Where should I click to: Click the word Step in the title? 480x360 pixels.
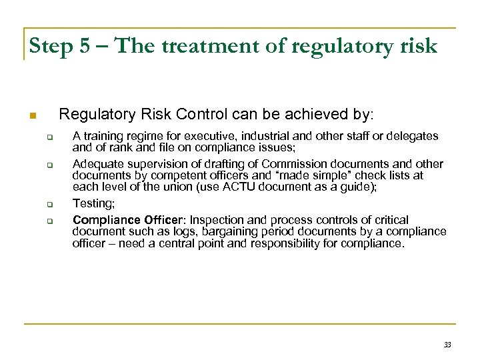51,46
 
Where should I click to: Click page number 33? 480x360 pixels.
447,345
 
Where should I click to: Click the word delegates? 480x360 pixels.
415,136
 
